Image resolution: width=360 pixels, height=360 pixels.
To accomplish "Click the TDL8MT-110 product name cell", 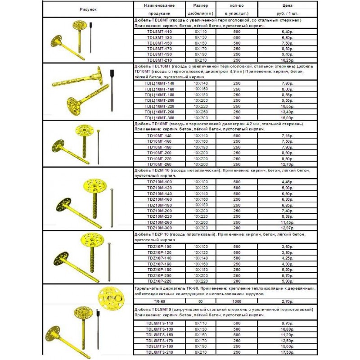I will (160, 32).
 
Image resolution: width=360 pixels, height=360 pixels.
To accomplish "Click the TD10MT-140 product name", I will (160, 135).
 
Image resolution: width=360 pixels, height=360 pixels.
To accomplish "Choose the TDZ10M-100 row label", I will (160, 181).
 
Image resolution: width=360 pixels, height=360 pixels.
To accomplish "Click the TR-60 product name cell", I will (160, 301).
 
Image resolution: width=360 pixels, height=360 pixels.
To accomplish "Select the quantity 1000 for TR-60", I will (237, 301).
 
